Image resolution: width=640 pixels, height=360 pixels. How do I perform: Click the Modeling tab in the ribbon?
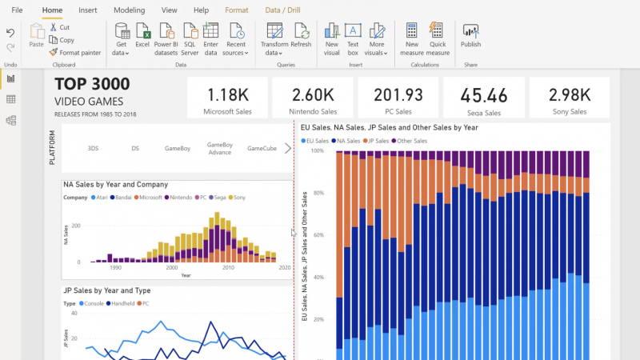point(129,10)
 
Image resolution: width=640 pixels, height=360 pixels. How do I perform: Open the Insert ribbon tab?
point(88,10)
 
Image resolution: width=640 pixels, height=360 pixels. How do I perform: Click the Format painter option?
point(74,53)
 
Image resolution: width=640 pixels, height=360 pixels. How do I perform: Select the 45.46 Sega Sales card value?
point(484,96)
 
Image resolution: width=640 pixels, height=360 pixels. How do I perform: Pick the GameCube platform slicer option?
point(262,148)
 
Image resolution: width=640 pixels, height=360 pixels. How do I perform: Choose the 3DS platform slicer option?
point(94,148)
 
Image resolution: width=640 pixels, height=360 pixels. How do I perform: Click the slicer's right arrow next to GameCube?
point(288,148)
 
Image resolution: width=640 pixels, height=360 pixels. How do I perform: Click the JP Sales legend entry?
point(377,141)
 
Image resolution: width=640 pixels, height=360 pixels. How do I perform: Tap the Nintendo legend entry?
point(180,197)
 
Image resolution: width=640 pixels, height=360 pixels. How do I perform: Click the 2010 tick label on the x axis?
point(228,268)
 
